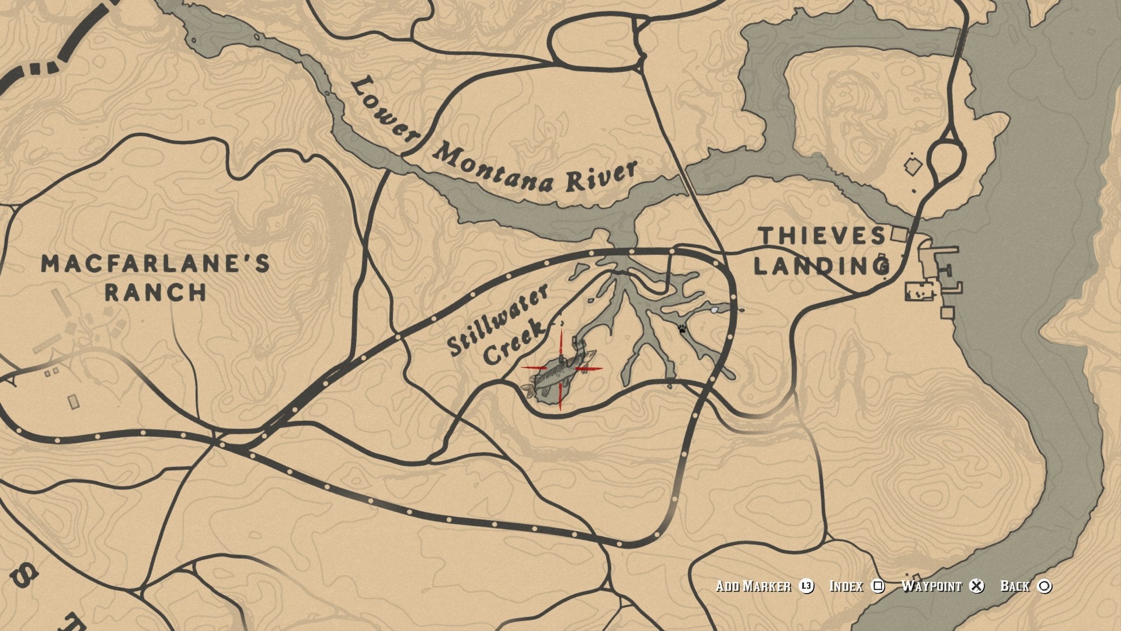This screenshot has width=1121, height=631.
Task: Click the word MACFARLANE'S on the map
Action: pos(155,264)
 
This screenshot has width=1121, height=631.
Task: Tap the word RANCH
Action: pos(155,292)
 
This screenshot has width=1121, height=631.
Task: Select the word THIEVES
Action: pos(822,236)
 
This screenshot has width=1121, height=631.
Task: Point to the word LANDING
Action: pos(821,266)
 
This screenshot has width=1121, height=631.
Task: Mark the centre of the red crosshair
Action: pos(561,369)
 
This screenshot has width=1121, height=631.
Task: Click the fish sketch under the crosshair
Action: pos(560,377)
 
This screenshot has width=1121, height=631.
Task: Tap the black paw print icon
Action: pos(682,328)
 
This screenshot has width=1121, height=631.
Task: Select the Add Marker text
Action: pos(753,586)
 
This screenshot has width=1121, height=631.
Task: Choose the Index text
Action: pos(846,586)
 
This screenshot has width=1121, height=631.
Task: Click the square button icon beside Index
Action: pos(878,586)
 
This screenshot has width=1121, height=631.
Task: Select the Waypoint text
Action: pos(931,586)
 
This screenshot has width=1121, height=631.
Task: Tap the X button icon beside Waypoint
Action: pos(976,586)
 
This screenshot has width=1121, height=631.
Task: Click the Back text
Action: pos(1015,586)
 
